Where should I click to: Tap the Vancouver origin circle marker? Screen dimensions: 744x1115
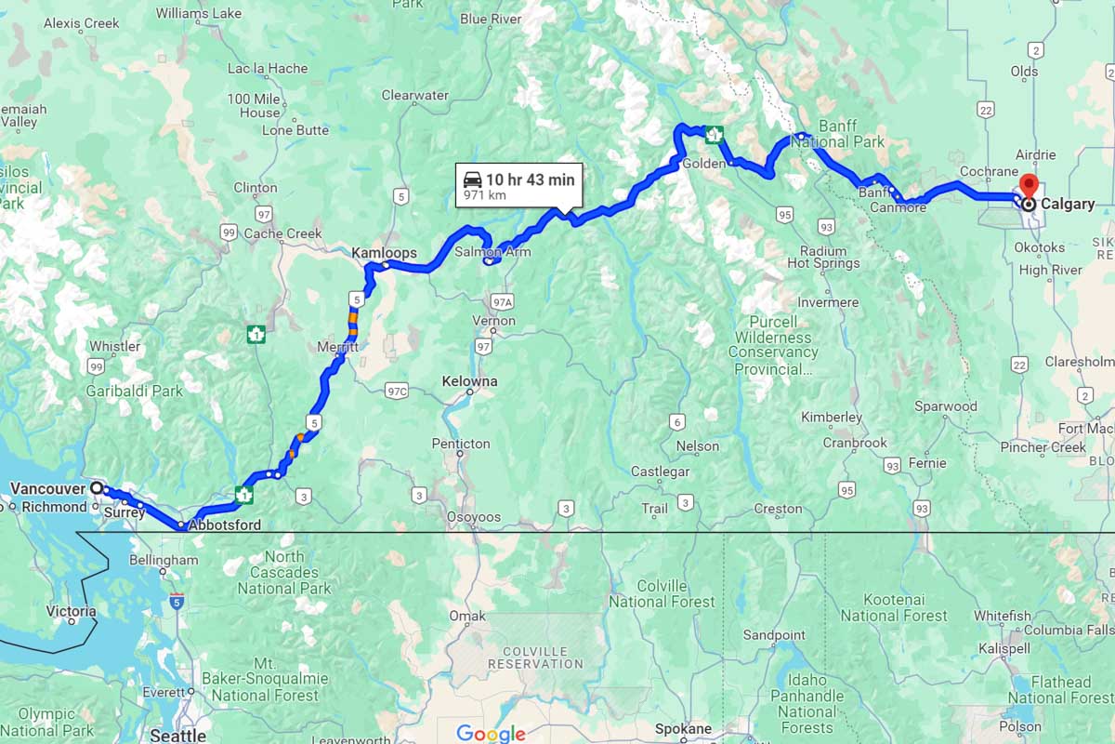pos(96,487)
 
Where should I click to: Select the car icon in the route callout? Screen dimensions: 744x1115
pos(472,179)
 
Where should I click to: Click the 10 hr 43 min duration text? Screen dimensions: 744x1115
pos(530,179)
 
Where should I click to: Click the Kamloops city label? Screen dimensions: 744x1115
pos(384,253)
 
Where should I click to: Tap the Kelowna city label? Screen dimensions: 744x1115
pos(469,381)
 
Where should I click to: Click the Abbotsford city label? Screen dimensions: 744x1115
pos(224,525)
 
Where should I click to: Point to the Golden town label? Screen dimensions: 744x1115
pos(703,164)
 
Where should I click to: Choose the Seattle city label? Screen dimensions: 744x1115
pos(177,736)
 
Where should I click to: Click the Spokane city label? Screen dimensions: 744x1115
pos(683,729)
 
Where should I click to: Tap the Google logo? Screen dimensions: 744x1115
pos(492,734)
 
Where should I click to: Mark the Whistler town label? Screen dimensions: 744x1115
pos(114,346)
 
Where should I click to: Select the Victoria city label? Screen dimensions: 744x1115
pos(71,611)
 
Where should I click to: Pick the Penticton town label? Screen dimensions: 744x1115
pos(461,444)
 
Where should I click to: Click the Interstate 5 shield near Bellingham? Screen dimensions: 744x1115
pos(177,601)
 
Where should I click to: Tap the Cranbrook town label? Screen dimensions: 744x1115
pos(855,443)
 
